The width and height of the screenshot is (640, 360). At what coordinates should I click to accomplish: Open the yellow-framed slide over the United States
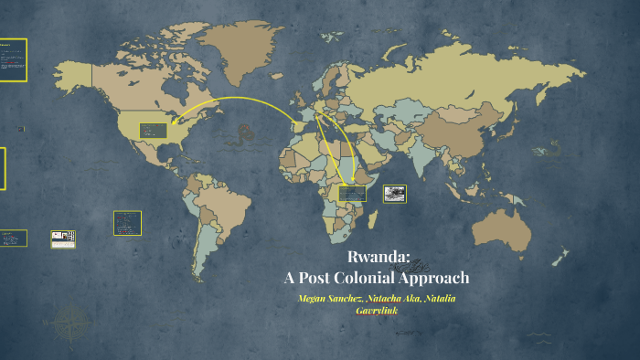coord(152,131)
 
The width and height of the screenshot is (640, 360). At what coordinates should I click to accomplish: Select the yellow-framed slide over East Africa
coord(351,194)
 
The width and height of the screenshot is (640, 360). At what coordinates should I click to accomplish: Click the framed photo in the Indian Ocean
coord(395,194)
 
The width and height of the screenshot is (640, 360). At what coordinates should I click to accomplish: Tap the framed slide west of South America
coord(127,222)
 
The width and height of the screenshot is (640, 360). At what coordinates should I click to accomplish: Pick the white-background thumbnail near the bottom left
coord(62,238)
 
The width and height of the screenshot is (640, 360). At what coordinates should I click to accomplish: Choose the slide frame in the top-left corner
coord(13,60)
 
